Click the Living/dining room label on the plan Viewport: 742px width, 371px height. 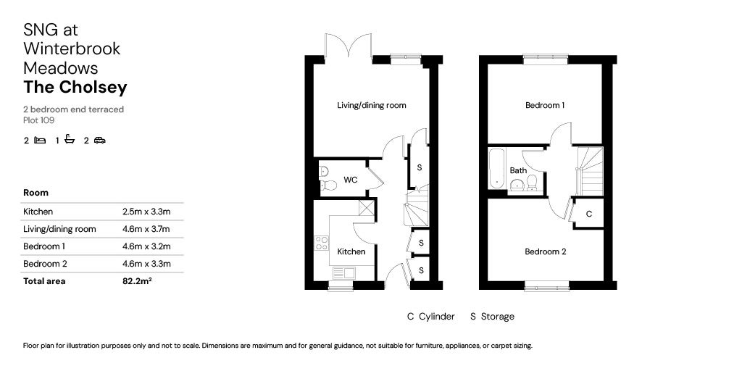point(371,106)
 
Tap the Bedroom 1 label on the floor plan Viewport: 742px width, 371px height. point(545,106)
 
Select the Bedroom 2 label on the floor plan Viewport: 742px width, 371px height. point(545,252)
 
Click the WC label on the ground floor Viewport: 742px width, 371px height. point(351,180)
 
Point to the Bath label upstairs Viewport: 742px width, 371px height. point(518,171)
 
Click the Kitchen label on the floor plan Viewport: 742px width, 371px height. point(351,252)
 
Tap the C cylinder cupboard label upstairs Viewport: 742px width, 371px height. point(589,214)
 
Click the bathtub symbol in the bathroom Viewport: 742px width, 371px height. point(496,168)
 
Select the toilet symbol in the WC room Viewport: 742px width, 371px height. point(325,172)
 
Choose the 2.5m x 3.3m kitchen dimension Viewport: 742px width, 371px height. point(146,212)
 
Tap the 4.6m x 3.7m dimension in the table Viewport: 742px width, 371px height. point(146,229)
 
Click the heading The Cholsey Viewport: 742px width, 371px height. point(75,88)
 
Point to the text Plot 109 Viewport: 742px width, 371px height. point(39,120)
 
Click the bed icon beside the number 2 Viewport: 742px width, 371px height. point(41,141)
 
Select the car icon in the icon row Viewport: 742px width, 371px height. point(99,141)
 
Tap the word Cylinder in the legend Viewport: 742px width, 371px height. point(437,317)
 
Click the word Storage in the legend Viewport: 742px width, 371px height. point(498,317)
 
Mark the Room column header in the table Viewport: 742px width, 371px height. point(36,193)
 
